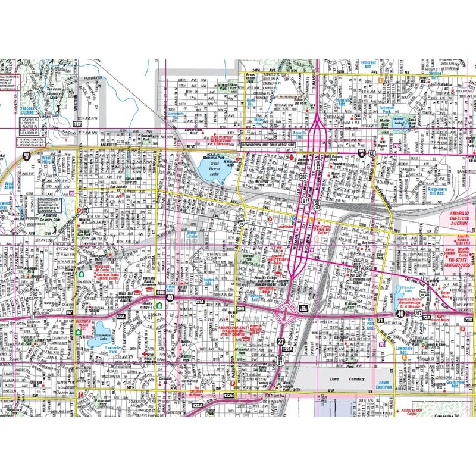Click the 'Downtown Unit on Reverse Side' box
click(267, 145)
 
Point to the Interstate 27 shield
click(280, 341)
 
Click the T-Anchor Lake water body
click(397, 292)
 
